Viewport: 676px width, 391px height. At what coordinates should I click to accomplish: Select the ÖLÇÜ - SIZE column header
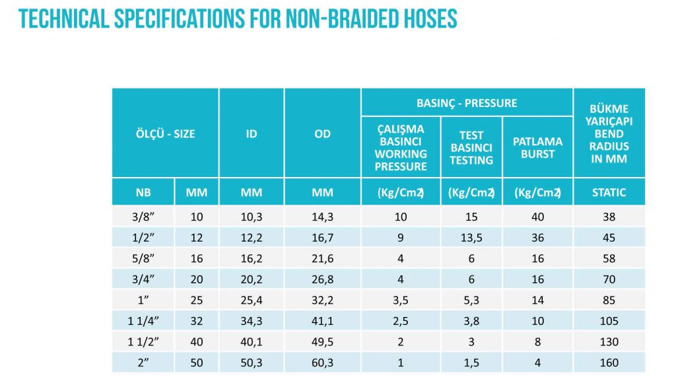coord(166,134)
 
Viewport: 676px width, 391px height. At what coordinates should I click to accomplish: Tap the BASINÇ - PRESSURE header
coord(467,103)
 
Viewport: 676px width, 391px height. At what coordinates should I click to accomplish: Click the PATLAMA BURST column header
coord(537,147)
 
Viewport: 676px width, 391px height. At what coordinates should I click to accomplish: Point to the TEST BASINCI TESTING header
coord(471,147)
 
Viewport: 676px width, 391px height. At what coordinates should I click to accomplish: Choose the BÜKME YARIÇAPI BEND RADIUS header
coord(609,134)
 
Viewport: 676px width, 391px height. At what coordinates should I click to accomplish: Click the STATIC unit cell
coord(609,192)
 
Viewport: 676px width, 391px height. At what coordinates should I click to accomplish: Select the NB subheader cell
coord(143,192)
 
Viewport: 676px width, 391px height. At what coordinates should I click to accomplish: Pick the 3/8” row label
coord(143,217)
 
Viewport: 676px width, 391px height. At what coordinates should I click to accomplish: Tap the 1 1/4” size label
coord(143,321)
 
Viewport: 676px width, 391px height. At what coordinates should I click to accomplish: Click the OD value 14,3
coord(322,217)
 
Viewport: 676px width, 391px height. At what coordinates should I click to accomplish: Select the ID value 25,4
coord(252,301)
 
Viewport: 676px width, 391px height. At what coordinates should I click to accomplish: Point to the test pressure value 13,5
coord(471,238)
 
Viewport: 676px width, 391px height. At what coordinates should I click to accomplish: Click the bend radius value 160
coord(609,363)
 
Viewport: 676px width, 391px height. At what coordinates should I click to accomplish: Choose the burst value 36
coord(537,238)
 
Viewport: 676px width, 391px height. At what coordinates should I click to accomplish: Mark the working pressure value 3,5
coord(401,301)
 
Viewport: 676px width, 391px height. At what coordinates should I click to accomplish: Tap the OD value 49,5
coord(322,342)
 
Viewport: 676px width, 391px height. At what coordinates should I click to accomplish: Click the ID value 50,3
coord(252,363)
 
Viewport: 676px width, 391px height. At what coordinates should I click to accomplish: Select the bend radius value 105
coord(609,321)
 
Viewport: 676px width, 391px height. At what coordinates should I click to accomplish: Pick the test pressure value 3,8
coord(471,321)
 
